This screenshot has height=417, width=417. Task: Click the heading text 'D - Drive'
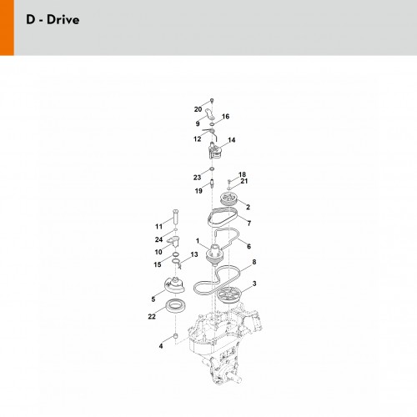pyautogui.click(x=53, y=20)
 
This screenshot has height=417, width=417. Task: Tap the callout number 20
pyautogui.click(x=198, y=109)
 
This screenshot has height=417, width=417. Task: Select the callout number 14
pyautogui.click(x=231, y=140)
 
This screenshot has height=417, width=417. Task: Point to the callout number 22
pyautogui.click(x=152, y=316)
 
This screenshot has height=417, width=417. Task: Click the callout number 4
pyautogui.click(x=161, y=346)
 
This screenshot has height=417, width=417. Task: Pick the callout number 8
pyautogui.click(x=254, y=262)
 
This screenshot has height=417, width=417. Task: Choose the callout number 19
pyautogui.click(x=198, y=191)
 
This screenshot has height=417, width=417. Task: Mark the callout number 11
pyautogui.click(x=158, y=227)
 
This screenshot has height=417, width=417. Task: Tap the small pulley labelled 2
pyautogui.click(x=229, y=199)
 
